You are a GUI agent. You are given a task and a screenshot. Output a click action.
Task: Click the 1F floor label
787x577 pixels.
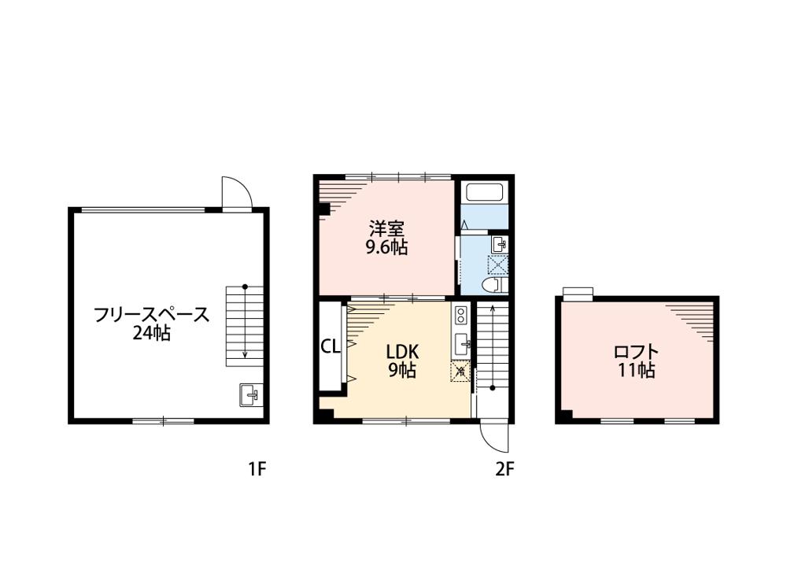pos(257,469)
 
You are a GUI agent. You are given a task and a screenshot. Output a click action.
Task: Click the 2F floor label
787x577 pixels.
pos(505,469)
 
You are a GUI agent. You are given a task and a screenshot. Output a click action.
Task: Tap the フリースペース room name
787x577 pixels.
pos(152,315)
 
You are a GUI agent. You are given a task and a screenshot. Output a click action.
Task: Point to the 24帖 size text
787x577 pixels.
pos(151,333)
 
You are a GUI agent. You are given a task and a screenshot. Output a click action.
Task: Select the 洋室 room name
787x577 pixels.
pos(386,229)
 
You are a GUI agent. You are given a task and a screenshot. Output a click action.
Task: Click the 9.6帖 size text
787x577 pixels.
pos(386,247)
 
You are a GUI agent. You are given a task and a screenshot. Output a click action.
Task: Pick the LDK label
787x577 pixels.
pos(402,352)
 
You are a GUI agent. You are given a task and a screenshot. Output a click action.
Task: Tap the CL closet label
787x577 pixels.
pos(331,346)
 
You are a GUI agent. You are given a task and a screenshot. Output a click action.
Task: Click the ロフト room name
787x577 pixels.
pos(636,352)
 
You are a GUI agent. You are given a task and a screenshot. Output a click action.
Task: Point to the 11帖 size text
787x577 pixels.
pos(636,370)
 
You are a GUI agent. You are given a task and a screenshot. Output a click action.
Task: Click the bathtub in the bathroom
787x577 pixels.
pos(485,192)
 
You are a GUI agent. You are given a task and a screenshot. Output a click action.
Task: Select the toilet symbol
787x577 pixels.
pos(492,285)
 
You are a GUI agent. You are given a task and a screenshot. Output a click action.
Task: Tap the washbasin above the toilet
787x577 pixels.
pos(499,245)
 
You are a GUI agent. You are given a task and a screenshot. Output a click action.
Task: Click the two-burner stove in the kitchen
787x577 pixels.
pos(460,316)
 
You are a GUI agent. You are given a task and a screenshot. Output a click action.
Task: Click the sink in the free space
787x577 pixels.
pos(250,394)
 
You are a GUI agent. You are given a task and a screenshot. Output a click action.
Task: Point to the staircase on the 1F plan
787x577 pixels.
pos(245,326)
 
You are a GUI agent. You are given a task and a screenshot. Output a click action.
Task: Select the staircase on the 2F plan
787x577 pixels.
pos(493,346)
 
